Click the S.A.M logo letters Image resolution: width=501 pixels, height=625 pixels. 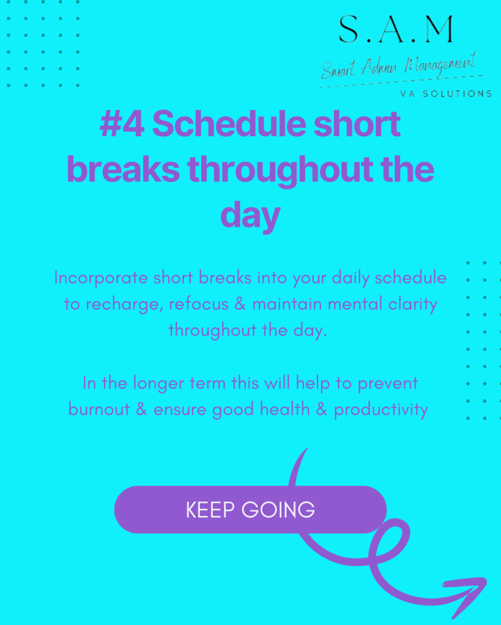click(x=396, y=29)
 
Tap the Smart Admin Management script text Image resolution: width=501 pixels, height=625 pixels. click(x=399, y=66)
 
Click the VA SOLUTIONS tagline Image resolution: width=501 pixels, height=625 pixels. click(x=446, y=93)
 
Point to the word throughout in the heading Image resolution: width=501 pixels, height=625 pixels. click(x=281, y=170)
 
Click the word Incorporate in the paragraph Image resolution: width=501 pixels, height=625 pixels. click(x=101, y=278)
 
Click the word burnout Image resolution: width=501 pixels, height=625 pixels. click(x=99, y=409)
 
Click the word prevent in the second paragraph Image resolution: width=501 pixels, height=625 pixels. click(x=388, y=384)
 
